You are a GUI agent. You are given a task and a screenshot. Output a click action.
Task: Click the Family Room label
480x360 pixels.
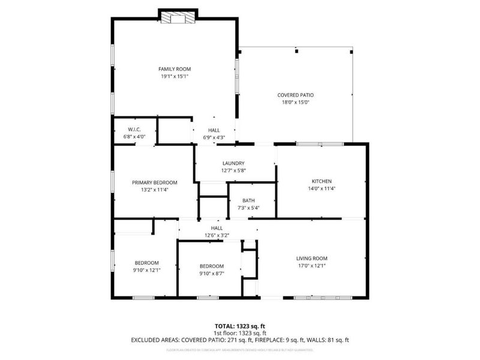pos(174,70)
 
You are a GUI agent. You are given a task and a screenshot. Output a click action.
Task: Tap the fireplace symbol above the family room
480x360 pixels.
pos(178,18)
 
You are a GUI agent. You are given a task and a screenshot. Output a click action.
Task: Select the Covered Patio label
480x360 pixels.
pos(295,95)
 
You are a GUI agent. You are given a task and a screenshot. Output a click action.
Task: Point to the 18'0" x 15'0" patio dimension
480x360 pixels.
pos(295,103)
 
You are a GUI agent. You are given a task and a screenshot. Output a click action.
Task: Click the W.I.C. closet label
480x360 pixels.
pos(134,130)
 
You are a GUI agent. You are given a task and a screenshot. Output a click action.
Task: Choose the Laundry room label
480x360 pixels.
pos(233,163)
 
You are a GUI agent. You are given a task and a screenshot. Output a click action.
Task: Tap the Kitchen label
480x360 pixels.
pos(322,181)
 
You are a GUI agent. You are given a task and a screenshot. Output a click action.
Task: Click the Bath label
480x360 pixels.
pos(248,201)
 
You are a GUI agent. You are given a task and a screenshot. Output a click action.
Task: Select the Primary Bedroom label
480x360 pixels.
pos(155,182)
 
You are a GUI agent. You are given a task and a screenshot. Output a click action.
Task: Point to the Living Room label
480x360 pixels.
pos(312,259)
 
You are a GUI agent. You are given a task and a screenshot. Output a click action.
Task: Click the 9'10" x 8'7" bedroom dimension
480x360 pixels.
pos(211,274)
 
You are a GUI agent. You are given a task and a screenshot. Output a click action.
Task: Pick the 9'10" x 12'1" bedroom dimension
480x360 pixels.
pos(146,270)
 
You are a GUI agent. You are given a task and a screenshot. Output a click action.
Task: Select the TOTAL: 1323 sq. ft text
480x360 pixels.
pos(239,326)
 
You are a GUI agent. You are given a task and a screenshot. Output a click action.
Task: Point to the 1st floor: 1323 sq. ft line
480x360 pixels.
pos(239,333)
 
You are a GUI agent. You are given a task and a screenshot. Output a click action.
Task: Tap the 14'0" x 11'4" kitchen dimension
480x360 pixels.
pos(322,188)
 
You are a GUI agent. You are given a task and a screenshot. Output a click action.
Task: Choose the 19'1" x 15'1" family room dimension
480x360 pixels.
pos(174,77)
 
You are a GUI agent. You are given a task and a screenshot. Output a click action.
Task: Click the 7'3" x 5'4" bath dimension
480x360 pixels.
pos(248,208)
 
